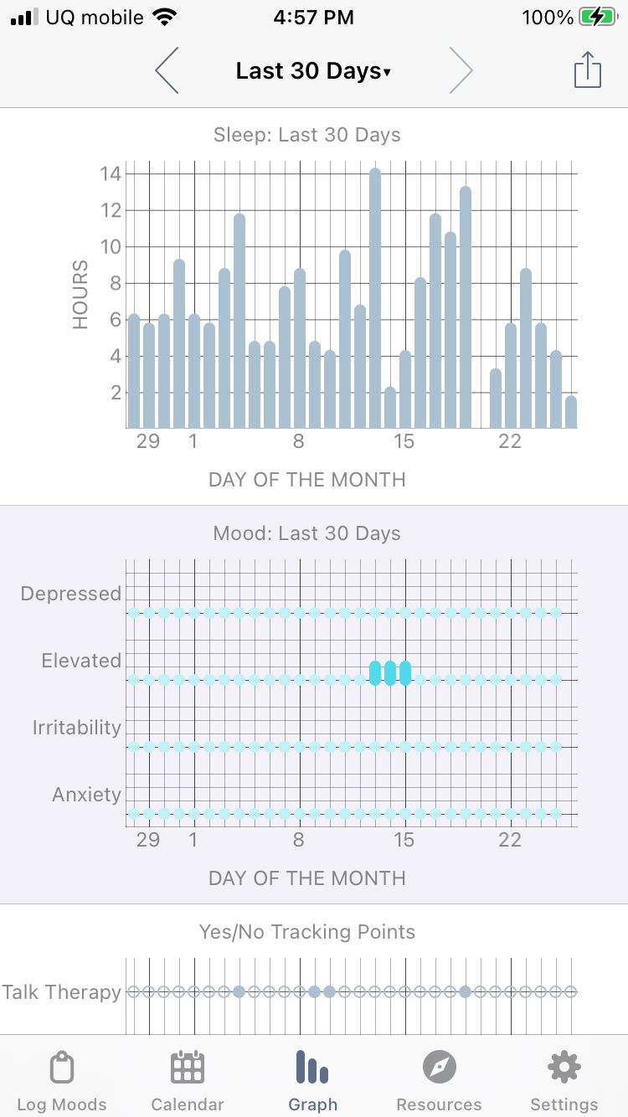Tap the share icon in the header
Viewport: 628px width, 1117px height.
coord(588,70)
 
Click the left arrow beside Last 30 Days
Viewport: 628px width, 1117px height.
coord(167,71)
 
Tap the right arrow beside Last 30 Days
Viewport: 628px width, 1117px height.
coord(461,71)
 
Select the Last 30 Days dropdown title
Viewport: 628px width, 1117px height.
coord(313,71)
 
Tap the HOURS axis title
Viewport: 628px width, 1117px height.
coord(80,295)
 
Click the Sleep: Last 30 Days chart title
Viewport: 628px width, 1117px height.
coord(306,135)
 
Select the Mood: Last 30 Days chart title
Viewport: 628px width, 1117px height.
coord(306,533)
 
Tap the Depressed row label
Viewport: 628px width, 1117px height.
coord(71,594)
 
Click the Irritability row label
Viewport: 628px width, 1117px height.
coord(77,728)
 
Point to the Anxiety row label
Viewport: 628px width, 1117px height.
coord(87,795)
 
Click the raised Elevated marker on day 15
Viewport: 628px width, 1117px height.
coord(405,672)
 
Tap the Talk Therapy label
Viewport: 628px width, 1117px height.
coord(62,992)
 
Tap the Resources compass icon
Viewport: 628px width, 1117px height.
coord(439,1068)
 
